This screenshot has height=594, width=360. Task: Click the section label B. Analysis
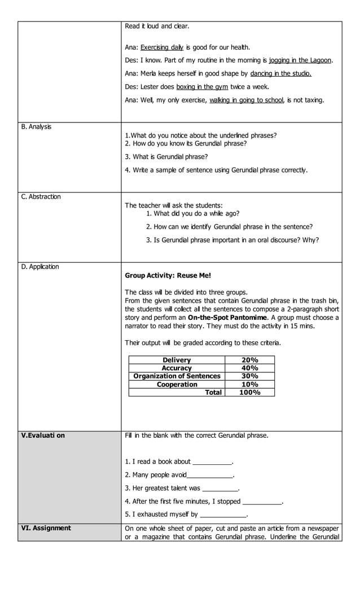[36, 127]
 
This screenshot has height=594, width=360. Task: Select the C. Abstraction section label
[41, 197]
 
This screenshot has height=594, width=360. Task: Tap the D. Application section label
[40, 267]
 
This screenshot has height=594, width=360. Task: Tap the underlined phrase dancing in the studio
[280, 73]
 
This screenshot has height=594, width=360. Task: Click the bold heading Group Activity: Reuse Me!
[168, 275]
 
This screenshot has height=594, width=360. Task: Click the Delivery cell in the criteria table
[177, 360]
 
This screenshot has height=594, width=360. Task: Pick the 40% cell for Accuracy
[249, 368]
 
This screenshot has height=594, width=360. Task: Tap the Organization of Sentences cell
[177, 376]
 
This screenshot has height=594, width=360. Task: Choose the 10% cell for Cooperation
[249, 384]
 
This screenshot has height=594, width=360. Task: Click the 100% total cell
[249, 392]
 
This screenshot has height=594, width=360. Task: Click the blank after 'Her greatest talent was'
[220, 489]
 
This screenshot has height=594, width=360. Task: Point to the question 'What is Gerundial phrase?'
[166, 157]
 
